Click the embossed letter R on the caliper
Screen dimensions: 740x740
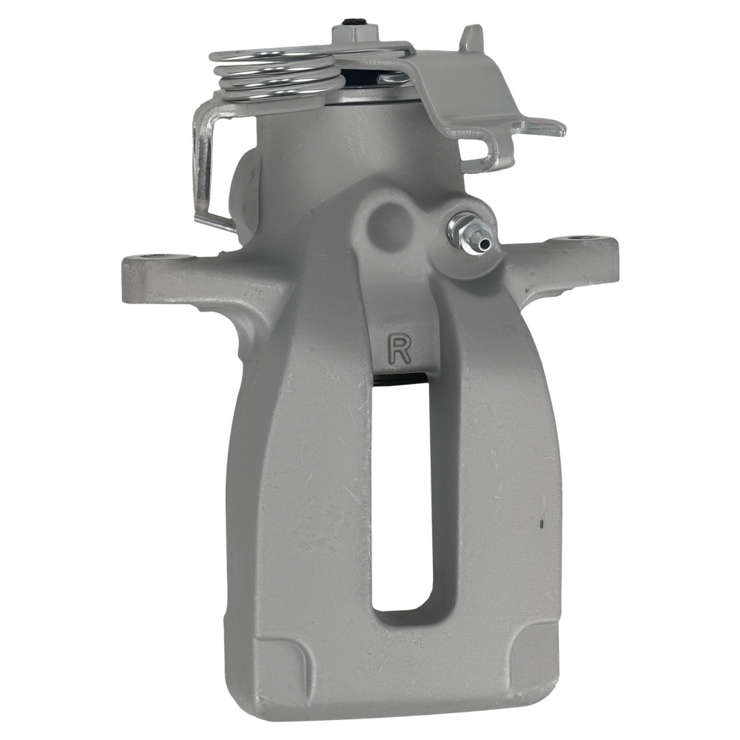coord(400,348)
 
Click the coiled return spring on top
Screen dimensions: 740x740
coord(274,74)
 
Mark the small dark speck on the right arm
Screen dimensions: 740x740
coord(542,524)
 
